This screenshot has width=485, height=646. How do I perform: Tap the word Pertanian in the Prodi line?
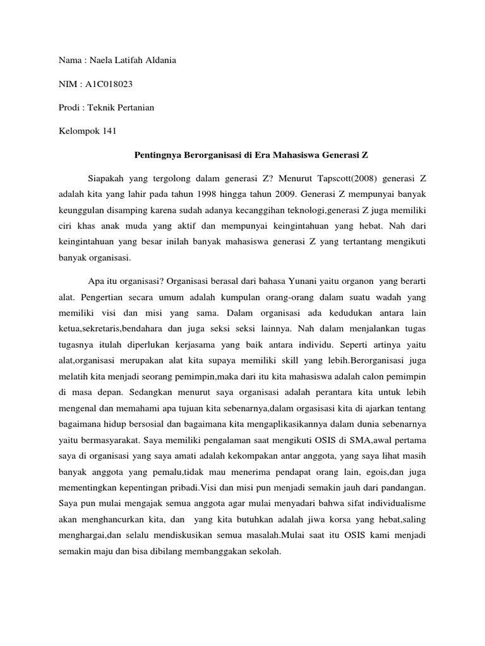click(135, 108)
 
